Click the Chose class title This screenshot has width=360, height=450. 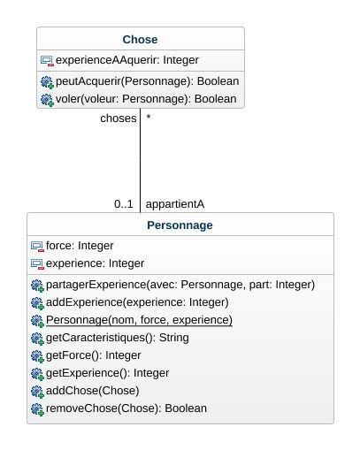coord(140,40)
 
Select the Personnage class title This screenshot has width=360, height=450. coord(180,225)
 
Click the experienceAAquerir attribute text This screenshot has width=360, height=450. coord(127,60)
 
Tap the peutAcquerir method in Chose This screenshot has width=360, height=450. coord(147,81)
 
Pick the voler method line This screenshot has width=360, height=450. coord(146,99)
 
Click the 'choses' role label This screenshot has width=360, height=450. coord(119,118)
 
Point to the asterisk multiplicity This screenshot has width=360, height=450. coord(149,118)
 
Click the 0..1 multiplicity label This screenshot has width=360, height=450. coord(124,204)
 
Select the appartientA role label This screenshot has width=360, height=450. coord(175,204)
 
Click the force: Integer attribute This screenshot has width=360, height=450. coord(80,246)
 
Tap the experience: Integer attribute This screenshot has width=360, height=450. coord(95,263)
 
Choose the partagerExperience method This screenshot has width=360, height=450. coord(180,285)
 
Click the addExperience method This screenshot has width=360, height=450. coord(137,302)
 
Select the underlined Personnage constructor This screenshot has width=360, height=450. coord(139,320)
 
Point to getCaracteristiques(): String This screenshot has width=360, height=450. coord(118,338)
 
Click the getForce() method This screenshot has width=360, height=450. coord(94,355)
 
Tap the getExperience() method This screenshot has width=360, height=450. coord(107,373)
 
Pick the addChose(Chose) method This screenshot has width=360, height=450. coord(93,391)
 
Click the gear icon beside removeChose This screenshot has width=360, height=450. coord(37,409)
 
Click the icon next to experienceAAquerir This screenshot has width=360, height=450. coord(47,61)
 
